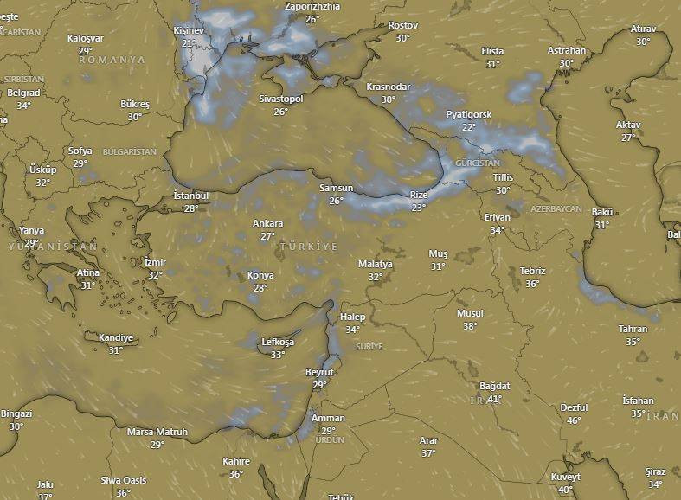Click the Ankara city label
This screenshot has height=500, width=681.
[x=267, y=223]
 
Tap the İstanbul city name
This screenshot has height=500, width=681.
[x=191, y=196]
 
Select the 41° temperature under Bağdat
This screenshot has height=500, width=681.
[x=495, y=399]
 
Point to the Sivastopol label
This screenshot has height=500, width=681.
[x=281, y=99]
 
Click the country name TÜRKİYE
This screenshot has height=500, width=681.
[x=308, y=247]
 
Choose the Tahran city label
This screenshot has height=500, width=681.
[x=633, y=329]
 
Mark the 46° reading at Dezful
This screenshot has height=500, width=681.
[x=574, y=420]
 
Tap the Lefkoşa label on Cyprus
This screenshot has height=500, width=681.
[x=278, y=343]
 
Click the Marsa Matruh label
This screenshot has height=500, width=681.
[x=157, y=432]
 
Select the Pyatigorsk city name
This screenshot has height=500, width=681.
[x=469, y=114]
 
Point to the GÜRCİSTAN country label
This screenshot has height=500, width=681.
[x=479, y=163]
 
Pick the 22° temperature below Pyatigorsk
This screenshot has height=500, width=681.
[x=469, y=126]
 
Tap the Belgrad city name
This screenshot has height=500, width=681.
[x=23, y=93]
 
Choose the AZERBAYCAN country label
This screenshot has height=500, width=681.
[x=556, y=209]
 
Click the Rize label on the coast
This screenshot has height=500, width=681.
[x=419, y=196]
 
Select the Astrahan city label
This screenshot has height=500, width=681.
[x=567, y=50]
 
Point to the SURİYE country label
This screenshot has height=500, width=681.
[x=369, y=346]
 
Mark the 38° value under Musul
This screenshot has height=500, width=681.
[x=470, y=326]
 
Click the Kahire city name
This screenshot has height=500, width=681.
[x=235, y=461]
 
